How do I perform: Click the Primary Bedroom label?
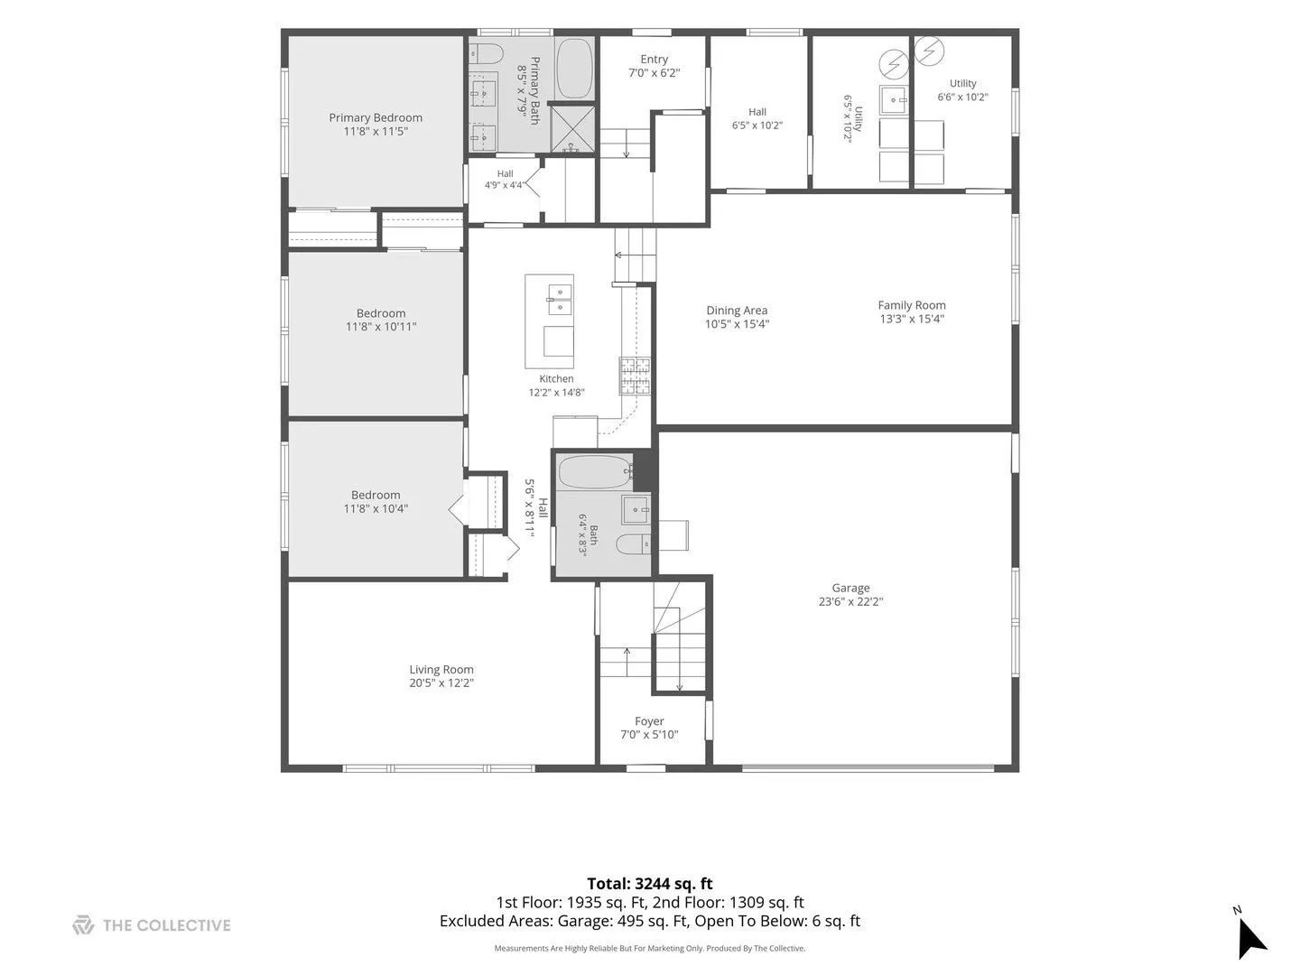(x=376, y=117)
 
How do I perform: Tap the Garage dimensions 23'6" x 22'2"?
(x=850, y=601)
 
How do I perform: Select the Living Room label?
(x=441, y=670)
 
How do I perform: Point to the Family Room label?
(x=912, y=305)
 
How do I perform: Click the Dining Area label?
(x=737, y=311)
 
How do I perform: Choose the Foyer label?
(x=649, y=721)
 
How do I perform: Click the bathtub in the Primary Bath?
(x=574, y=69)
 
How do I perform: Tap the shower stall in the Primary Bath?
(x=572, y=128)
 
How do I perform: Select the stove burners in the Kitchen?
(x=635, y=376)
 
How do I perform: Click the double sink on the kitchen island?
(x=559, y=300)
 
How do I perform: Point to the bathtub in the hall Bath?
(x=596, y=471)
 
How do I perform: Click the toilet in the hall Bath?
(x=633, y=544)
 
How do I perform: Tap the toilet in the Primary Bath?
(x=487, y=54)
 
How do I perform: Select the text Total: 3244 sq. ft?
(x=650, y=884)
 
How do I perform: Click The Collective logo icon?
(x=83, y=925)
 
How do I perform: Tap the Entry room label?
(x=654, y=60)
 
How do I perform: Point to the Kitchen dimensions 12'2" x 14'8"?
(x=556, y=392)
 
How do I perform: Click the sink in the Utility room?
(x=893, y=99)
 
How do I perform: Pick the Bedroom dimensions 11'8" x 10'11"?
(x=381, y=326)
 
